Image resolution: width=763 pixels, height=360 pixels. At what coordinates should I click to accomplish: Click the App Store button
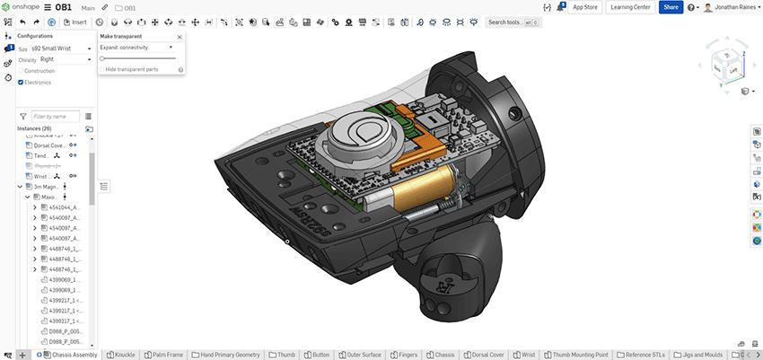[x=585, y=7]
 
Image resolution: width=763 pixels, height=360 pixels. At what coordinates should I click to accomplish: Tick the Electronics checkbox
[x=22, y=82]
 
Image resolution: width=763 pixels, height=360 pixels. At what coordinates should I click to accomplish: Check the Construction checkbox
[x=22, y=70]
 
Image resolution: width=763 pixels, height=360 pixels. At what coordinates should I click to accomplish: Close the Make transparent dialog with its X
[x=180, y=37]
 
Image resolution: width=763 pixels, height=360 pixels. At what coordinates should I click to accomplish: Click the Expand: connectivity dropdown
[x=137, y=47]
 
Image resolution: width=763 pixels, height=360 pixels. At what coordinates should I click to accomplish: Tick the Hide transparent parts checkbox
[x=101, y=69]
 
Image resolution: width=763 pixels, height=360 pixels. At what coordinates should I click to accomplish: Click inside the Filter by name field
[x=55, y=116]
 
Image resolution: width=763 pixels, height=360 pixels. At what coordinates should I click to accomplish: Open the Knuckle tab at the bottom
[x=121, y=355]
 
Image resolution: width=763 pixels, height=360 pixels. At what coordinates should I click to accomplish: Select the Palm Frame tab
[x=162, y=355]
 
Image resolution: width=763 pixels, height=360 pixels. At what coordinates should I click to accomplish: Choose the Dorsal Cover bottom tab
[x=486, y=355]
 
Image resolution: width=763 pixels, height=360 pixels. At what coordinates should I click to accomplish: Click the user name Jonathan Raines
[x=729, y=7]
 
